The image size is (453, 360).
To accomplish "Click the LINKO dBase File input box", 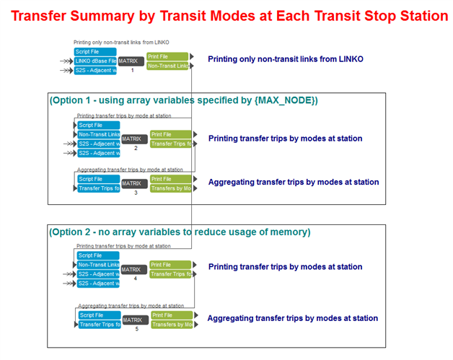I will pos(96,61).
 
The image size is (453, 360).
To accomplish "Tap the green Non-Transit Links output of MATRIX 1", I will pos(168,66).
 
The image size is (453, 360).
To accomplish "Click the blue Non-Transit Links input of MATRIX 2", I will pos(98,134).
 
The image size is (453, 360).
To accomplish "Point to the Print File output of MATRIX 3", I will pos(170,179).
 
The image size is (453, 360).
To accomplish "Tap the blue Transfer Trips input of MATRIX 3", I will pos(98,188).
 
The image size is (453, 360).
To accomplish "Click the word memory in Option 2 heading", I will pos(286,232).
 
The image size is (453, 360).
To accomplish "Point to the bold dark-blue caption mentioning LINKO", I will pos(286,59).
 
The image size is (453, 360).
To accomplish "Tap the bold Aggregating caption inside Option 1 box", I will pos(293,182).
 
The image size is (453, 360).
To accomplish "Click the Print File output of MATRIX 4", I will pos(170,265).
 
